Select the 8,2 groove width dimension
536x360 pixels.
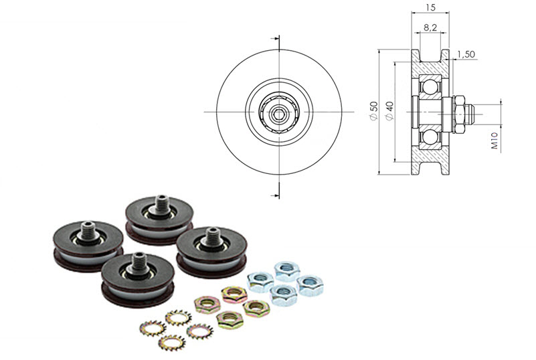(x=432, y=29)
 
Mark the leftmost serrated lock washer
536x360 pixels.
(x=152, y=328)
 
